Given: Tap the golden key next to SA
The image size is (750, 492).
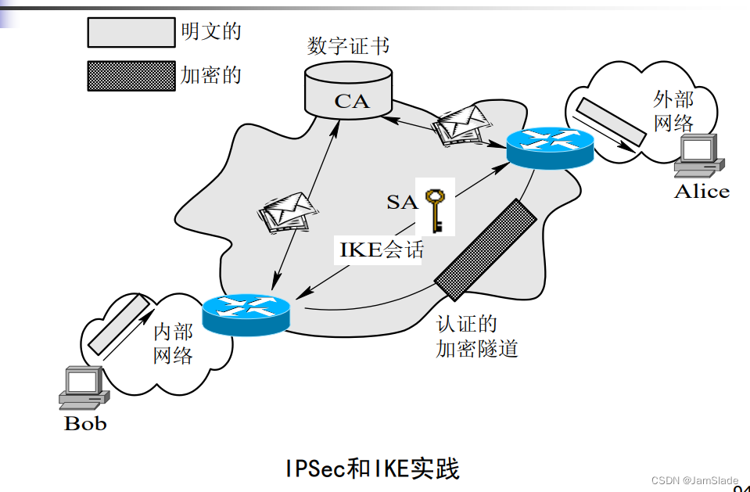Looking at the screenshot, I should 435,209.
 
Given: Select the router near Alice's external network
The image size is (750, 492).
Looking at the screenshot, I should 550,148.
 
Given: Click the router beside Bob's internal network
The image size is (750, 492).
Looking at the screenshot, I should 246,313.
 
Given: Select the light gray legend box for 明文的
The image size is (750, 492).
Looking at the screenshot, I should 131,32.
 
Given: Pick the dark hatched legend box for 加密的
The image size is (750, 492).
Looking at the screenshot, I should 131,76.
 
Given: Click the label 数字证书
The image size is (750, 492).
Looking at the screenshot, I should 349,45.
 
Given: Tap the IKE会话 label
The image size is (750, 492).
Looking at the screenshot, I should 382,250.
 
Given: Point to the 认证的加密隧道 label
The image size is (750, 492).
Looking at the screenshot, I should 476,336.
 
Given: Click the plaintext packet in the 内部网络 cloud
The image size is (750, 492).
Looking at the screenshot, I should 117,323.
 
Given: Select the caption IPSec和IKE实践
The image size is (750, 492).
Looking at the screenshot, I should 372,468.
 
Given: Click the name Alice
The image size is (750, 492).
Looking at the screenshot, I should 702,192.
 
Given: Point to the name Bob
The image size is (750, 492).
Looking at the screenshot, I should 84,424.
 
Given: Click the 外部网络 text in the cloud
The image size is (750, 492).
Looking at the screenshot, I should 674,110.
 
